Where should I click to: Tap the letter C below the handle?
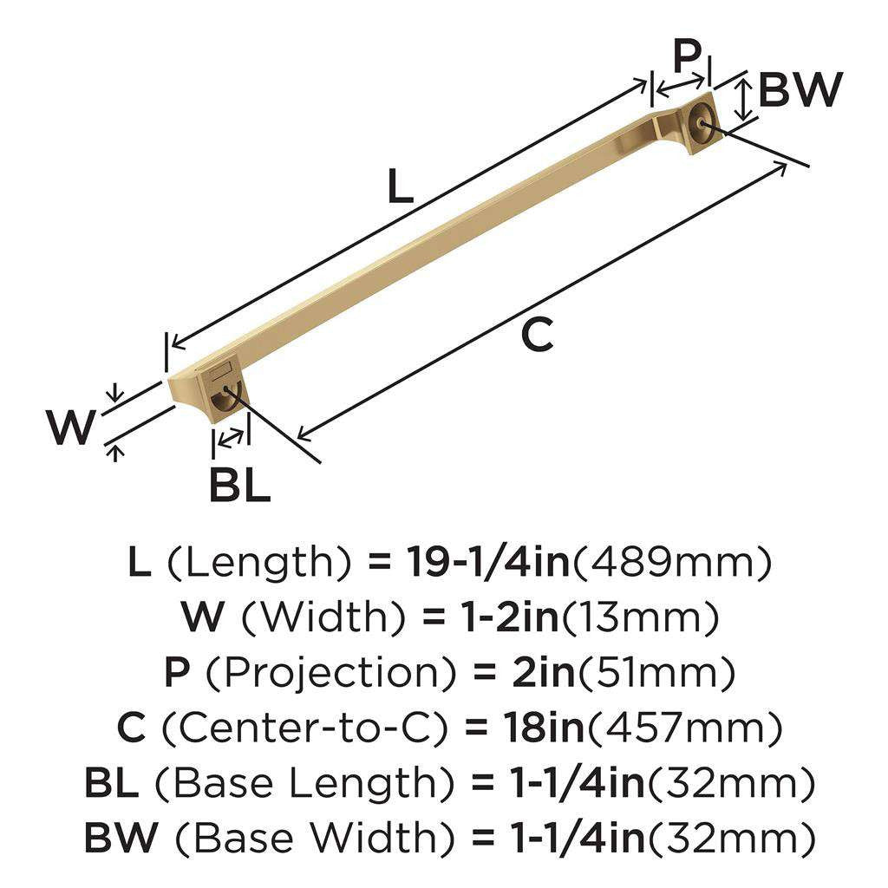(538, 335)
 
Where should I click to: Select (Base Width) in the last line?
(311, 839)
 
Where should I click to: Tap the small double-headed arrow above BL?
(231, 438)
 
